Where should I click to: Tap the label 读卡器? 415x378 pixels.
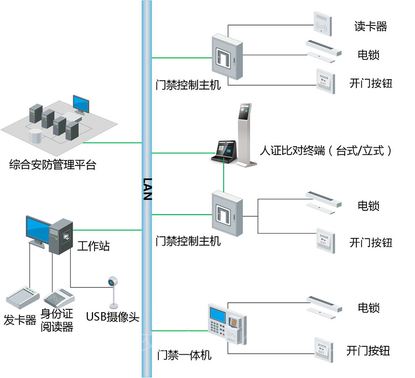370,26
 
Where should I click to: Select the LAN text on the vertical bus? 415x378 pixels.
147,188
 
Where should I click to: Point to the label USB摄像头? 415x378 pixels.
112,317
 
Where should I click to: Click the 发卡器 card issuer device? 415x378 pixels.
20,297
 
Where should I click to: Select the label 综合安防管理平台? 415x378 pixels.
53,164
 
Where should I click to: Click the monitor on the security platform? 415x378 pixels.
80,104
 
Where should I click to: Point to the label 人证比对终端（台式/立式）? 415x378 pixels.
326,150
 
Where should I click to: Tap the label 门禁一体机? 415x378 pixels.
184,355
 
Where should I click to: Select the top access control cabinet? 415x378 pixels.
227,56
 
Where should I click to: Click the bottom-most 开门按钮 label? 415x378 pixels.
368,350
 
